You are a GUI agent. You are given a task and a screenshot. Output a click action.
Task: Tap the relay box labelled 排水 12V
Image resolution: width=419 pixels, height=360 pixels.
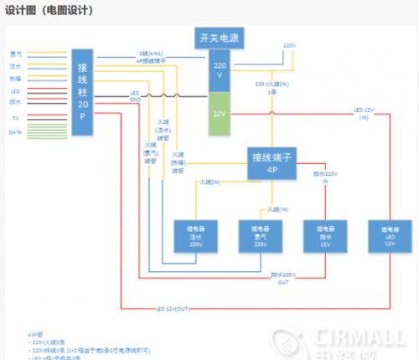tap(323, 237)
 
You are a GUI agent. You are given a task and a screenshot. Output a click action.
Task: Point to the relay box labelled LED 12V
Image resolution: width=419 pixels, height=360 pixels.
tap(389, 237)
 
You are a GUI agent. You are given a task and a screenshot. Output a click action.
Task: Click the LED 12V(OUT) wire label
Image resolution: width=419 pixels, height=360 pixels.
tap(172, 310)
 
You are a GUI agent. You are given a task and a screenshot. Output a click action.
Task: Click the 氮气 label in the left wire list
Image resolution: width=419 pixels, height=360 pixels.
tap(15, 54)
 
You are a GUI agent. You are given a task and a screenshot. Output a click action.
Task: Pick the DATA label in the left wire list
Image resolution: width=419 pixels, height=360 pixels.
tap(15, 132)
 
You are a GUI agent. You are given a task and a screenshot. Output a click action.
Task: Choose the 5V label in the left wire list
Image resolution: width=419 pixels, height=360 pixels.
tap(15, 118)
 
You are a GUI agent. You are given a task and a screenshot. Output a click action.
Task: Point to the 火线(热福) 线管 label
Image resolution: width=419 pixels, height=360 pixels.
tap(178, 162)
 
